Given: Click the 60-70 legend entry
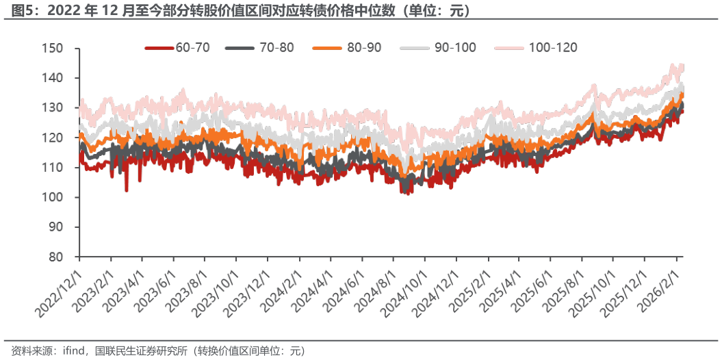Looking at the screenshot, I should pos(179,47).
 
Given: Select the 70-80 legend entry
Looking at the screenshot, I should pos(263,47).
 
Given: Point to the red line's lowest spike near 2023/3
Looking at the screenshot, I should pos(127,191).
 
